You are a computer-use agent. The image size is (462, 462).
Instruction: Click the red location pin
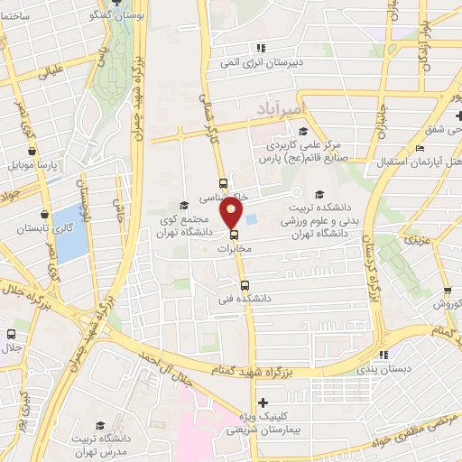pyautogui.click(x=232, y=213)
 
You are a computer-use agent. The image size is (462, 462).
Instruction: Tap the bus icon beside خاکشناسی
pyautogui.click(x=224, y=184)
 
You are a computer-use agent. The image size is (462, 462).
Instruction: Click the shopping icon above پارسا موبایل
pyautogui.click(x=32, y=152)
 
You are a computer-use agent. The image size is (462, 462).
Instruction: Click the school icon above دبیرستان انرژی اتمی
pyautogui.click(x=262, y=51)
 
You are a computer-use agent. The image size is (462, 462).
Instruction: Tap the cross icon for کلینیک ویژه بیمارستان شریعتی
pyautogui.click(x=262, y=402)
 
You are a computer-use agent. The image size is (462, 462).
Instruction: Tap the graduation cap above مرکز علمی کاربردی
pyautogui.click(x=276, y=129)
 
